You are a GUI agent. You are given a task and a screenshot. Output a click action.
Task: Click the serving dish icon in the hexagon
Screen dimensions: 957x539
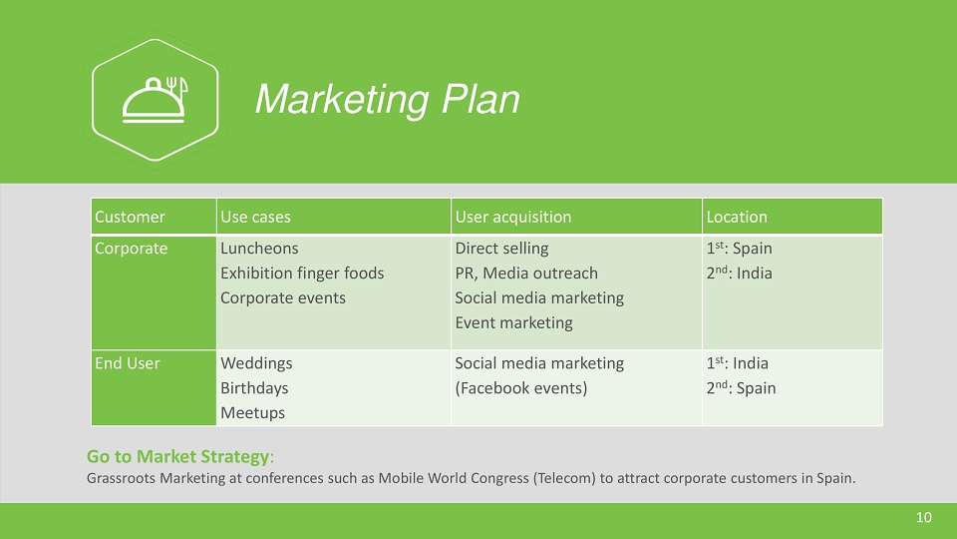click(155, 100)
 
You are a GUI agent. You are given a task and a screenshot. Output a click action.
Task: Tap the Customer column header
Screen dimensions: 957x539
click(130, 217)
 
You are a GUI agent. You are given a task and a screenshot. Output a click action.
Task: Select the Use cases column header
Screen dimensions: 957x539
click(255, 217)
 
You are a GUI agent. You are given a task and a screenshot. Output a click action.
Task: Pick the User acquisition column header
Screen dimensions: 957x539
click(513, 217)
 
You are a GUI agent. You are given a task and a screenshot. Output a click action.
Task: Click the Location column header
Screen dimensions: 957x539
click(737, 217)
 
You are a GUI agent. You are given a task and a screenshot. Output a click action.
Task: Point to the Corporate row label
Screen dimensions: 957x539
click(132, 249)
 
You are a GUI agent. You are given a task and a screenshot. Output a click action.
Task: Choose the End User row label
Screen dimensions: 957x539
click(128, 363)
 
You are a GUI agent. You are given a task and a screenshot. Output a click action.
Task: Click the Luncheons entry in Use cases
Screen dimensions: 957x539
click(259, 249)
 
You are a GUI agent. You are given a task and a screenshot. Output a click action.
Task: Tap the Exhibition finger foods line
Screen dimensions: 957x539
click(302, 273)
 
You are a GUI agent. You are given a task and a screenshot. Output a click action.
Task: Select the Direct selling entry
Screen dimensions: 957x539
click(501, 249)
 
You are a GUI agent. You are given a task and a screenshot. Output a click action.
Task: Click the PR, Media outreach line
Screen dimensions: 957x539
click(526, 273)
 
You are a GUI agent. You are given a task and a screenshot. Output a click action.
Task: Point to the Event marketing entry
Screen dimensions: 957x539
click(514, 322)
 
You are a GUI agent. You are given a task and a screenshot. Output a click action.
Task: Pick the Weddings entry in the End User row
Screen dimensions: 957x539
click(256, 363)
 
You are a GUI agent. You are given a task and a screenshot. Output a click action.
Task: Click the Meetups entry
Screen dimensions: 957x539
click(252, 413)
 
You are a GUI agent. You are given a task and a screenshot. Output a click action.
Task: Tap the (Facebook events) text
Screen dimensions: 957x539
click(521, 388)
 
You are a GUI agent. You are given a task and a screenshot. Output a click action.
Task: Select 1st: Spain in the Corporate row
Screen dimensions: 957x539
click(739, 249)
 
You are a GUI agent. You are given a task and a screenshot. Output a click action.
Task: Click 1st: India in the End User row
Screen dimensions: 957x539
click(738, 363)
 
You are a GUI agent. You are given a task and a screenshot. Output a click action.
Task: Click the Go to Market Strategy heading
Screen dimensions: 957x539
click(177, 456)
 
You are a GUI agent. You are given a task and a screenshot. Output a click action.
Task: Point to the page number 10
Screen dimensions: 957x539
click(924, 518)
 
